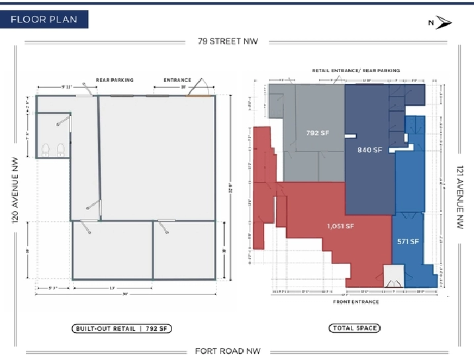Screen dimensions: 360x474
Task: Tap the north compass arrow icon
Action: click(x=441, y=23)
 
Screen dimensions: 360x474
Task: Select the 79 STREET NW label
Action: click(x=227, y=41)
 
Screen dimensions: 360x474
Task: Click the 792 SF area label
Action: click(x=318, y=133)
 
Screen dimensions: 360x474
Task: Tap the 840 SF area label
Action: click(x=370, y=150)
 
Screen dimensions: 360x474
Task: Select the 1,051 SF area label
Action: click(x=340, y=226)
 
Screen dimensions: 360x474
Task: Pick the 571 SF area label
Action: click(x=408, y=242)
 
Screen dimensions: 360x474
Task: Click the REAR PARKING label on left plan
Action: click(x=115, y=80)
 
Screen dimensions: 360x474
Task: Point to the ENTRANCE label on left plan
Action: click(x=177, y=80)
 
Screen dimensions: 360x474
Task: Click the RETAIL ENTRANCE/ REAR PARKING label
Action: click(x=355, y=70)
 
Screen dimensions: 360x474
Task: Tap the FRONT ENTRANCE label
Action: click(x=355, y=302)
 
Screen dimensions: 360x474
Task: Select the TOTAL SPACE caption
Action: click(x=355, y=328)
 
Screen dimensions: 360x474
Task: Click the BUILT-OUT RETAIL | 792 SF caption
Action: click(x=121, y=328)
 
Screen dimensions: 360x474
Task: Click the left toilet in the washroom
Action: click(x=46, y=149)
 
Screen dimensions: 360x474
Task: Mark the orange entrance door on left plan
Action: click(x=196, y=97)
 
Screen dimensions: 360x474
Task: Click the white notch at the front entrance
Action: click(x=393, y=276)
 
